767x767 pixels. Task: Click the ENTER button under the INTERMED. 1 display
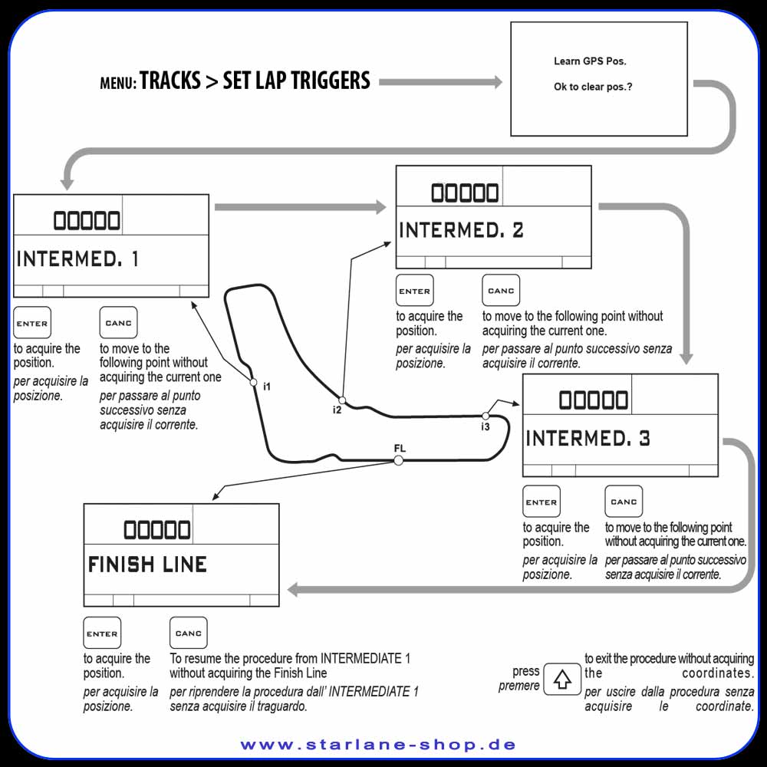tap(32, 323)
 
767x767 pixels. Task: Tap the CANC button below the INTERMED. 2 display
tap(501, 290)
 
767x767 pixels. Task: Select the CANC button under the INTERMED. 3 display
tap(624, 502)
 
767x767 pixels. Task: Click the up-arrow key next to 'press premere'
tap(562, 679)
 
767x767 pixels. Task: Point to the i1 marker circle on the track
tap(253, 383)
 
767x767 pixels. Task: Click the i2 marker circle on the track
tap(342, 400)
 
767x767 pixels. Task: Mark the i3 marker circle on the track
tap(486, 416)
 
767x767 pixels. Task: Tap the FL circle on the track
tap(399, 460)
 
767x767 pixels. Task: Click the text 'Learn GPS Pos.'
tap(590, 61)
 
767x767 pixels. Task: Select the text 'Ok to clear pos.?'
tap(593, 87)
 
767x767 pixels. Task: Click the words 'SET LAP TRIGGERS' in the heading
tap(296, 81)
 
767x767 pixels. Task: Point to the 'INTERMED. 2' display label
tap(461, 230)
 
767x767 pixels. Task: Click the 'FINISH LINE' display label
tap(147, 565)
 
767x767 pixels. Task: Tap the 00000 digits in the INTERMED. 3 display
tap(594, 400)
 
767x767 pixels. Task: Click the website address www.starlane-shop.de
tap(379, 745)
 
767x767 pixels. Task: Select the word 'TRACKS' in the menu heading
tap(170, 81)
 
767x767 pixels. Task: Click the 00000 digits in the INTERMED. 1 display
tap(87, 221)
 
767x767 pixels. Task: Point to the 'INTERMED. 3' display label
tap(588, 438)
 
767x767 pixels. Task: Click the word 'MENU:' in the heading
tap(118, 83)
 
